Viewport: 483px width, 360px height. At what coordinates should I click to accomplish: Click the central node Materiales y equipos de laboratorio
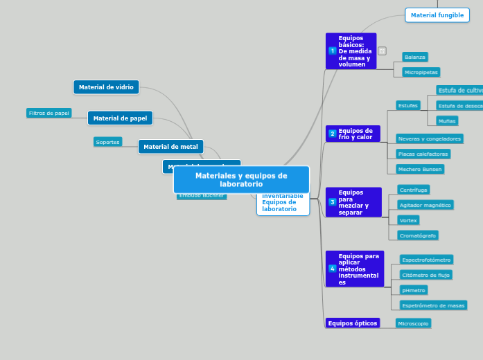coord(241,180)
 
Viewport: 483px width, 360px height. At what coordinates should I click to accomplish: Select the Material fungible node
coord(437,15)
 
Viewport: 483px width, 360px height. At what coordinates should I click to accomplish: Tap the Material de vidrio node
coord(106,87)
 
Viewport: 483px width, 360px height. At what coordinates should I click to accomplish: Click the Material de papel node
coord(120,118)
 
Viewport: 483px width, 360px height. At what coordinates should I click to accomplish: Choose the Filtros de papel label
coord(49,113)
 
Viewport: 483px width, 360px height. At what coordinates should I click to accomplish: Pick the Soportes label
coord(108,142)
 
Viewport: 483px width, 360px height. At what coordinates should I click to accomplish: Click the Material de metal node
coord(170,147)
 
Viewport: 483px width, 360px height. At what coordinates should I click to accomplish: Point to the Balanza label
coord(414,57)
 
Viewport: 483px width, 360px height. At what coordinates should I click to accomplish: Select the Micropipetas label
coord(421,72)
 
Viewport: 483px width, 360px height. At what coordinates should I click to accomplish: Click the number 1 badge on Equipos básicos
coord(332,51)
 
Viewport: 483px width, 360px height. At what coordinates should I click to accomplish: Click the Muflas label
coord(447,120)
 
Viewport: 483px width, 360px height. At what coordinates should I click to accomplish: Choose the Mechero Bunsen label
coord(419,169)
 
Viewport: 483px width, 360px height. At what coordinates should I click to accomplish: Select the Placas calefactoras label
coord(423,154)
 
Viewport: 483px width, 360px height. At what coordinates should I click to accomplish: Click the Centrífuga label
coord(413,190)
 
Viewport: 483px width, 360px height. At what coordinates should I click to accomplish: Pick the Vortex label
coord(408,220)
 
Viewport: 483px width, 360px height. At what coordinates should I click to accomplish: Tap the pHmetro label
coord(413,290)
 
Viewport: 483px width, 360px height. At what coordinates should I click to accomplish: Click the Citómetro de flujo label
coord(425,275)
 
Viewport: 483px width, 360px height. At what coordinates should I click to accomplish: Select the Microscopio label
coord(413,323)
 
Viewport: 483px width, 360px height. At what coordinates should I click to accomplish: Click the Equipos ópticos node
coord(353,323)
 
